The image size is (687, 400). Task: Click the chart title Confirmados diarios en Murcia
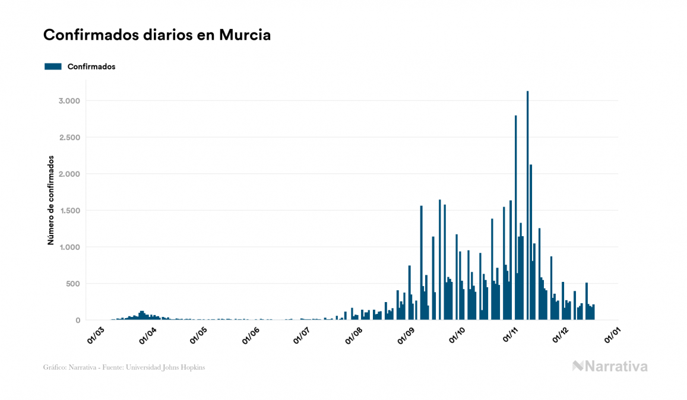(x=157, y=35)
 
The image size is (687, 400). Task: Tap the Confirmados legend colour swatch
(x=53, y=66)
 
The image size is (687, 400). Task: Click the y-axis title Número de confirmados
(x=51, y=201)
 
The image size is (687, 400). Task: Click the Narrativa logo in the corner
(x=610, y=366)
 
